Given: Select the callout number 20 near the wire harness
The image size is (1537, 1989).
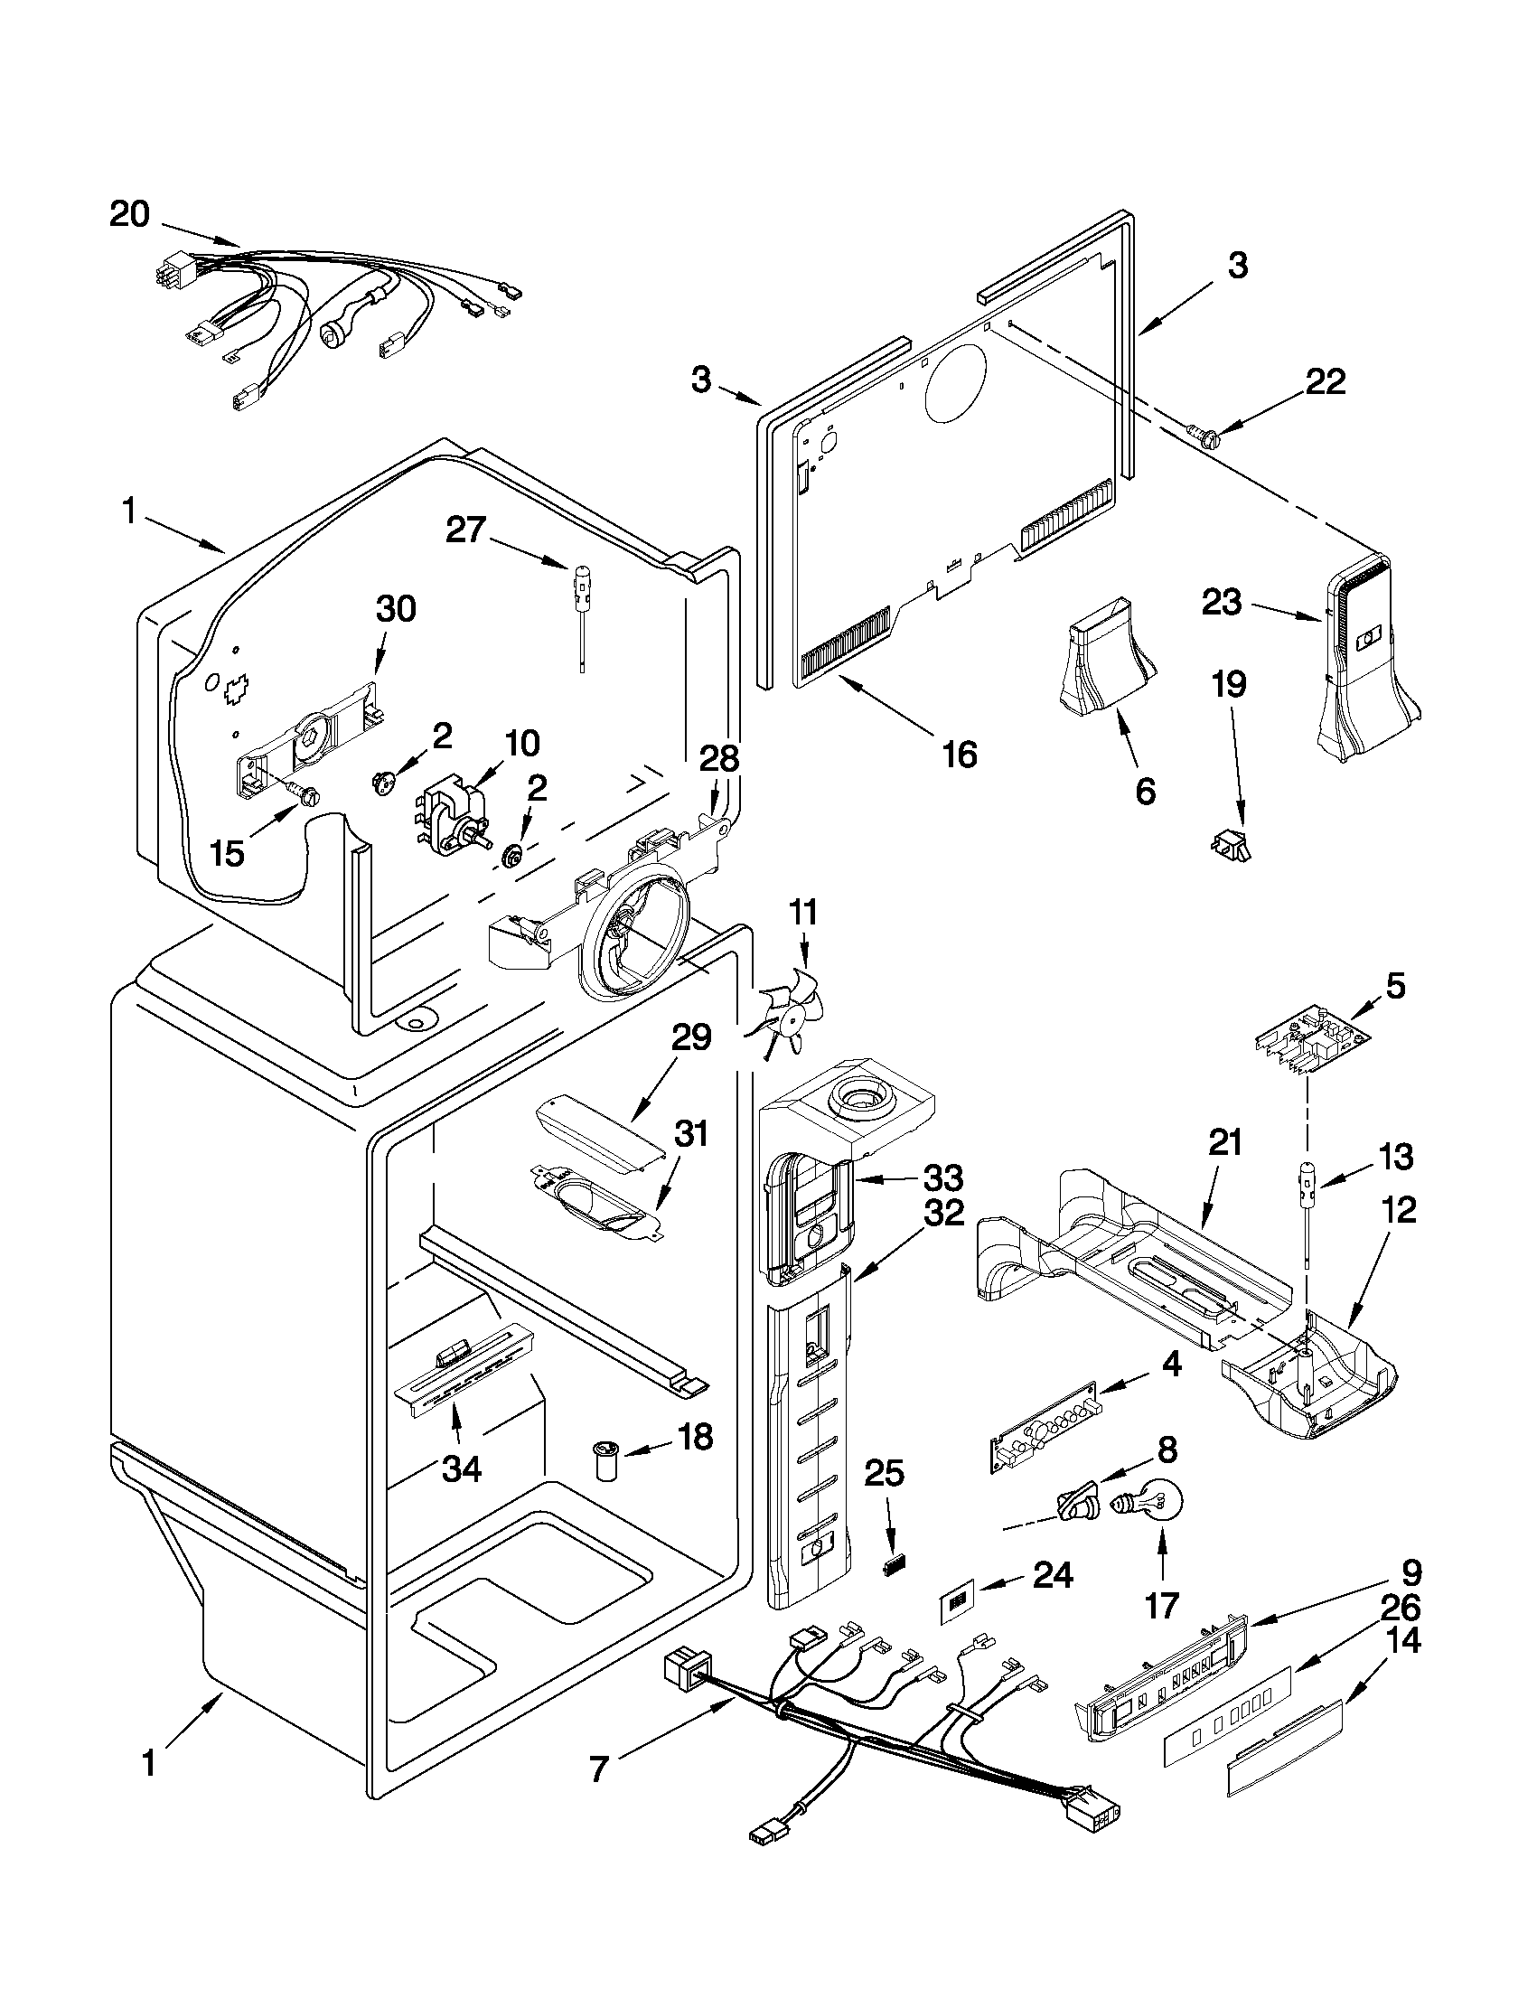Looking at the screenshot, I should click(130, 215).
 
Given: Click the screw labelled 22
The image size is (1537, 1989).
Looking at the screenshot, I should click(1207, 440).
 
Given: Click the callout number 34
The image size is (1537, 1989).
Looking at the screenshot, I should click(462, 1468).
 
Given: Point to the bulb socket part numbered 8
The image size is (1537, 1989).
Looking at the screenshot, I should click(1079, 1506).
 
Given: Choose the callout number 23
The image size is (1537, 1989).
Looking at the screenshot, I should click(1221, 601).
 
